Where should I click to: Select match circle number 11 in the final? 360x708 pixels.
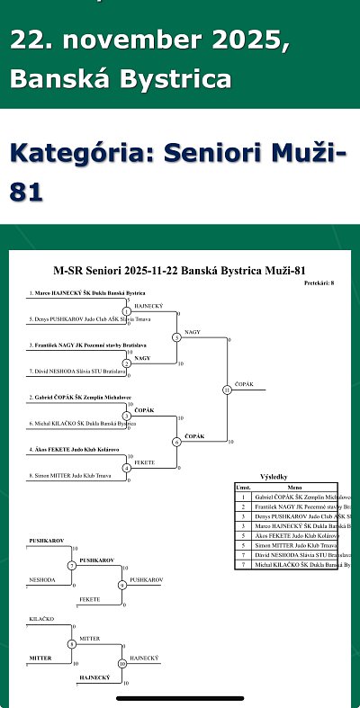pos(226,390)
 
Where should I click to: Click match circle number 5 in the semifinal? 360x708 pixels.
pos(176,338)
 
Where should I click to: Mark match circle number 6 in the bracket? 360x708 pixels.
pos(176,442)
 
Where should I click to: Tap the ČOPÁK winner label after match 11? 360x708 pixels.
pos(243,384)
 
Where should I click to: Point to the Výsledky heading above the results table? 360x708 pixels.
pos(274,478)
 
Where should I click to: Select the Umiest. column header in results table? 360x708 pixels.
pos(242,487)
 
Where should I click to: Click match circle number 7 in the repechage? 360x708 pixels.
pos(71,565)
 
